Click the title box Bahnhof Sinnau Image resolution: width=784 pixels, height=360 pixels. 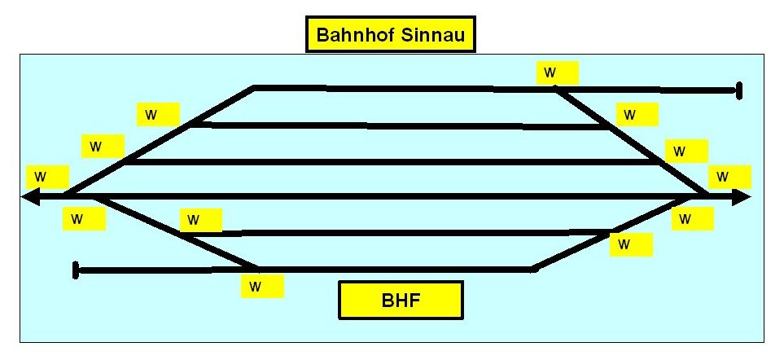coord(390,36)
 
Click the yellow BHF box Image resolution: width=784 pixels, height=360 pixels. coord(401,300)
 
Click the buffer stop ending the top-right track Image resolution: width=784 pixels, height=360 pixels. coord(739,90)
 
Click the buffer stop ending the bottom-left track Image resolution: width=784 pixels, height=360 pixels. coord(76,270)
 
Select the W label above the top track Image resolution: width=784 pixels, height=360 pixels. coord(558,72)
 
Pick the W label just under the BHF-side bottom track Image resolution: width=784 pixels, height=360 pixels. coord(262,286)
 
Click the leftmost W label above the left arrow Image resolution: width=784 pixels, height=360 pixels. coord(47,176)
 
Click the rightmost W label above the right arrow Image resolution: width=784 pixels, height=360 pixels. coord(729,176)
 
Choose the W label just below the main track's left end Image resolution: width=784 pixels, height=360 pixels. coord(84,218)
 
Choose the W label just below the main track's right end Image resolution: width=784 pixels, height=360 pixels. coord(692,218)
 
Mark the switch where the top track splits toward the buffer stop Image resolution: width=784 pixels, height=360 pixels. coord(557,90)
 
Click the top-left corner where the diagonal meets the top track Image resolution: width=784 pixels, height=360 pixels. coord(255,86)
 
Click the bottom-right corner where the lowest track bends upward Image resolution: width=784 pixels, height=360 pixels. coord(533,268)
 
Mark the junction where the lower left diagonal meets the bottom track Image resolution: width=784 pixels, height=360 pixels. coord(257,268)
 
